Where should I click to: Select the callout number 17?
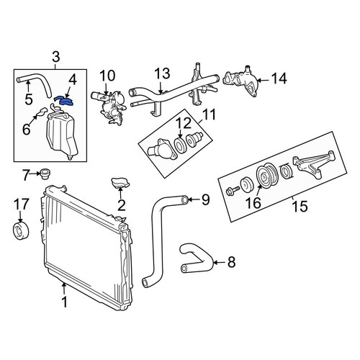tap(22, 204)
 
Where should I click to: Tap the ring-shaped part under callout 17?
tap(21, 230)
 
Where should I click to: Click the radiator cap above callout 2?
tap(120, 183)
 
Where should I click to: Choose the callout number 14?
tap(279, 78)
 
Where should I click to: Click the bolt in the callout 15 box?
tap(233, 191)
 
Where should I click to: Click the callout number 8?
tap(231, 261)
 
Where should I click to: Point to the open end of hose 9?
tap(184, 199)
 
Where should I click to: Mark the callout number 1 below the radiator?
tap(64, 302)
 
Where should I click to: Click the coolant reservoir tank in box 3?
tap(63, 135)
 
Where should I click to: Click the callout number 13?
tap(162, 73)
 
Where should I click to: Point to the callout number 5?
tap(28, 99)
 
